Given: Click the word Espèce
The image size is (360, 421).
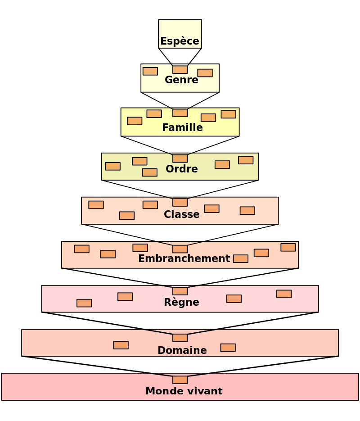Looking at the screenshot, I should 180,41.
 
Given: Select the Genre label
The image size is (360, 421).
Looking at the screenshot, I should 181,80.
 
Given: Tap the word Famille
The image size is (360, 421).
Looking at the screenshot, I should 182,128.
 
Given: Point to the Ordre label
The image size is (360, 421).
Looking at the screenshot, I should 182,169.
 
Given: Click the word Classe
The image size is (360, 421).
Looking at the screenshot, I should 182,214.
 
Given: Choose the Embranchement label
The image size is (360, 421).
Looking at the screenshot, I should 184,258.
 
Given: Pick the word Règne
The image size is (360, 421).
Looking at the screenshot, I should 181,302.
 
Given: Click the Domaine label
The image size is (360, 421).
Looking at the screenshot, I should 182,350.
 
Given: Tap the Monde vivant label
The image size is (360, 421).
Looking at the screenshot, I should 184,391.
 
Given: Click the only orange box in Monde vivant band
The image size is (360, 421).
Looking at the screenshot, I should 180,380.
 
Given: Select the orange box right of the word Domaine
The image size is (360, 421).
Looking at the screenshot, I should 228,348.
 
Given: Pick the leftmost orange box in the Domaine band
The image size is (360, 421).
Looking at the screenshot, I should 121,345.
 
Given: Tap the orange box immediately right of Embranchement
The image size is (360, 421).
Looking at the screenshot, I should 241,258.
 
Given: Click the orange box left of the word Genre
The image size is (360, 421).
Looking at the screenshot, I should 150,71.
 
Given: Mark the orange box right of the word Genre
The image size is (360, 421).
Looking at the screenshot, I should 205,73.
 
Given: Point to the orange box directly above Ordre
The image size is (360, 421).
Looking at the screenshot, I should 180,158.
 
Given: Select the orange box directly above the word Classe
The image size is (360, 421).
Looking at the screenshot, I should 180,203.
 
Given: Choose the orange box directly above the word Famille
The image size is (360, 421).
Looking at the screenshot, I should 180,113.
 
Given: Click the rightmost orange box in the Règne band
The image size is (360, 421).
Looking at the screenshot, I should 284,294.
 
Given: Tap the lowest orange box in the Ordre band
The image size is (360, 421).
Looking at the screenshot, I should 149,172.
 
